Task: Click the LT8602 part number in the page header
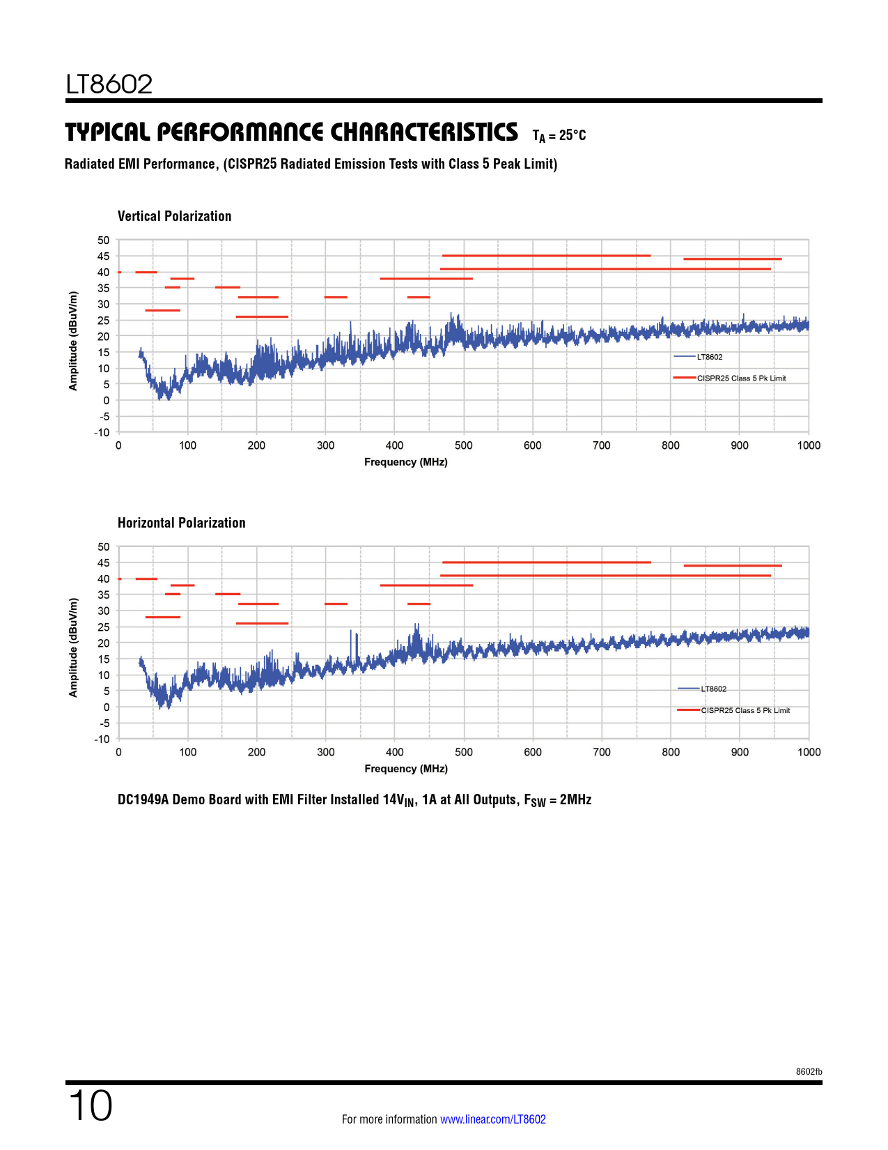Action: (109, 84)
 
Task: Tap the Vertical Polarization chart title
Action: (174, 216)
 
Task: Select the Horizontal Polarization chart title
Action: (181, 523)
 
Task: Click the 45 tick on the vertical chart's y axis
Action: (103, 256)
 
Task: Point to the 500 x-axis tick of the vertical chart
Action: (463, 445)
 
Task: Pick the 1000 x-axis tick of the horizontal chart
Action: (809, 752)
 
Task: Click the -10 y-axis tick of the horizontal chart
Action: (102, 739)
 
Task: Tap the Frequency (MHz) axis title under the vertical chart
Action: (405, 462)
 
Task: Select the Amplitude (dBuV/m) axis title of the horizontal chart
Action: (73, 647)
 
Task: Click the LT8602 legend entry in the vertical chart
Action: (709, 357)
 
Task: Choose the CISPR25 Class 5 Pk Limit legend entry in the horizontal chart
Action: (745, 710)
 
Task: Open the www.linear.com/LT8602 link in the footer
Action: (492, 1119)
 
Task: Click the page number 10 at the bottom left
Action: (90, 1106)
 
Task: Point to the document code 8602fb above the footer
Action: (809, 1072)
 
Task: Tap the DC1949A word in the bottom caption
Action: (143, 799)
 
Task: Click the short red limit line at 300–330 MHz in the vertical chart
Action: (336, 297)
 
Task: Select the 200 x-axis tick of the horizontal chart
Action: (256, 752)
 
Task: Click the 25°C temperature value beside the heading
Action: (572, 135)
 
